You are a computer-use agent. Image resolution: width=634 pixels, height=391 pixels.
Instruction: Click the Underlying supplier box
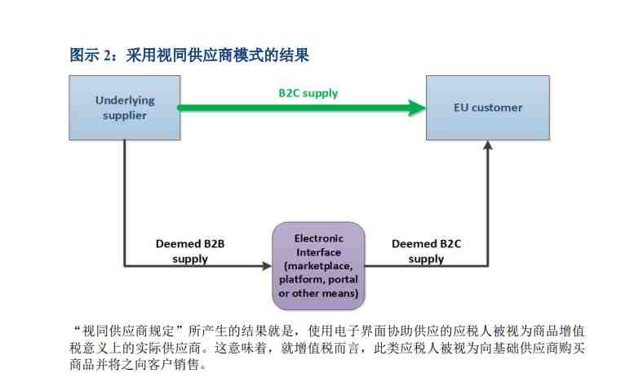125,108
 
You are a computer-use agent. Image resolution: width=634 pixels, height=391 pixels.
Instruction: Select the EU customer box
488,108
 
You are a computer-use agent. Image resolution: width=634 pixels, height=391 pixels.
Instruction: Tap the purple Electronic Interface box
318,265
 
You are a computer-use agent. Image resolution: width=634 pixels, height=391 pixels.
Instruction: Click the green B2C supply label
308,93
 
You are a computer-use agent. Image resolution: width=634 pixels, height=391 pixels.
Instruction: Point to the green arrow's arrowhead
417,108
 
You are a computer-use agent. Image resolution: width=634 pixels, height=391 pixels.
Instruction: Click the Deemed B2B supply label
190,251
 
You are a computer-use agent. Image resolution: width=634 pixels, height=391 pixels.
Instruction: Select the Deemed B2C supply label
426,251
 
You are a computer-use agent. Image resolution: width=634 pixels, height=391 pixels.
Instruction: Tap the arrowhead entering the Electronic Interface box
268,265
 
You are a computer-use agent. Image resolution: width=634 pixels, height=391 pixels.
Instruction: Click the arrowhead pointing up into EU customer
488,145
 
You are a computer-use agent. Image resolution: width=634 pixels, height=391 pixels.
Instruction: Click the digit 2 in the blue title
107,56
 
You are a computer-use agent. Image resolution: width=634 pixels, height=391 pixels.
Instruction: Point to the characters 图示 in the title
84,55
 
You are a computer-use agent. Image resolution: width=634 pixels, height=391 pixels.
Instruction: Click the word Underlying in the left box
125,100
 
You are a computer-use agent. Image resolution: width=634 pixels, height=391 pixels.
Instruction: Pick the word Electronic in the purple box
318,238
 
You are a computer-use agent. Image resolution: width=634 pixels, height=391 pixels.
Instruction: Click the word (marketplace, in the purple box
318,266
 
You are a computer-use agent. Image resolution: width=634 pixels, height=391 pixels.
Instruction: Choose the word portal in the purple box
343,280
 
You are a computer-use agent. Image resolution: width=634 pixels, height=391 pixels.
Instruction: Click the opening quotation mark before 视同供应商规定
77,327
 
